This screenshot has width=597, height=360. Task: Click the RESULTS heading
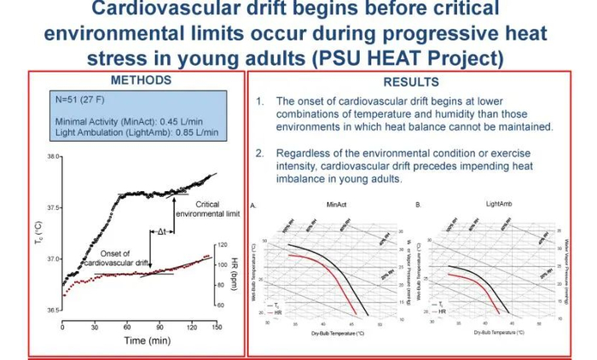coord(411,83)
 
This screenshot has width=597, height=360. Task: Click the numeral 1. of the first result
coord(260,101)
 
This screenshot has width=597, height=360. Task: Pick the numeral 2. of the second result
coord(260,153)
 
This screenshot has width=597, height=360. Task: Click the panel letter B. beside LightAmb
coord(417,206)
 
